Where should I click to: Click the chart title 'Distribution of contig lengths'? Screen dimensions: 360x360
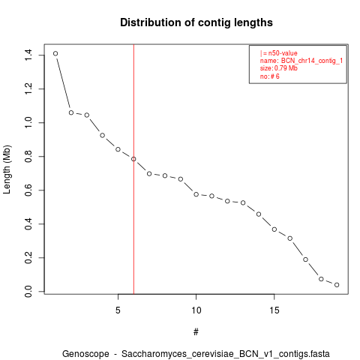(x=196, y=22)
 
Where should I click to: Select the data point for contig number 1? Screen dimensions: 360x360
(x=55, y=53)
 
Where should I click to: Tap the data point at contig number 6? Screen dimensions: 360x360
(x=133, y=159)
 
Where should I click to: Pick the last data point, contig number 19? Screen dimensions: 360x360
(x=337, y=285)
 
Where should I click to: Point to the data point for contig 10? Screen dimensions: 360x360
(x=196, y=194)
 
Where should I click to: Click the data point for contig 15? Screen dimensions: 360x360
(x=274, y=229)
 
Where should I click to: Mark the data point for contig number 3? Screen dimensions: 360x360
(x=87, y=115)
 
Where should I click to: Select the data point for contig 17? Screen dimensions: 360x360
(x=305, y=259)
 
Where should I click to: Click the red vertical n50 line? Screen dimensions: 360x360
(x=133, y=169)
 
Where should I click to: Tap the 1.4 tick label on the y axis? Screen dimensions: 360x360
(x=28, y=55)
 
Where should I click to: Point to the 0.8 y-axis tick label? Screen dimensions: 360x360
(x=28, y=156)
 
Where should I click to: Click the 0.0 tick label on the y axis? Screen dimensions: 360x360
(x=28, y=292)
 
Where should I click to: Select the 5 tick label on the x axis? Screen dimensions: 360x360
(x=118, y=310)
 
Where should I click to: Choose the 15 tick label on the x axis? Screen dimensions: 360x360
(x=274, y=310)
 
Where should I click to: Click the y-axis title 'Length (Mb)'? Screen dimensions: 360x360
(x=7, y=169)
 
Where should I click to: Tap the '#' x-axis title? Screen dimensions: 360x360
(x=196, y=332)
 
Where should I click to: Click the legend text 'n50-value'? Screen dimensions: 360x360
(x=283, y=53)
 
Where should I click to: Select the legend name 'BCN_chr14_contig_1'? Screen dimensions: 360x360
(x=312, y=61)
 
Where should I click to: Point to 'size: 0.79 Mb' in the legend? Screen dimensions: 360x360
(x=279, y=68)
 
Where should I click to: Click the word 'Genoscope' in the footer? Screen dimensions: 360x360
(x=85, y=354)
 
